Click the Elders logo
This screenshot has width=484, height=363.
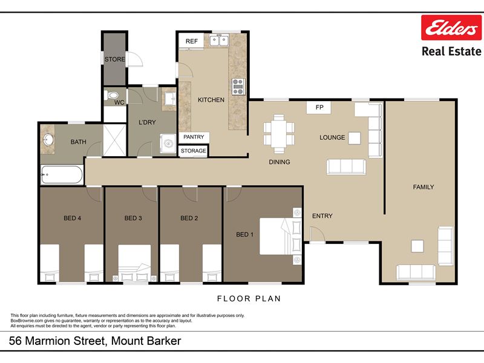tap(451, 27)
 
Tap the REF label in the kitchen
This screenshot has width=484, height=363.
tap(191, 41)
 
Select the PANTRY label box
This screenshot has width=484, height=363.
tap(194, 137)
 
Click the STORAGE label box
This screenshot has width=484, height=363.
tap(193, 151)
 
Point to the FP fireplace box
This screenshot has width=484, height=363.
tap(319, 108)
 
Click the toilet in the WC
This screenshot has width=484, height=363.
tap(111, 96)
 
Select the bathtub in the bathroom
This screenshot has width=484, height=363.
tap(62, 174)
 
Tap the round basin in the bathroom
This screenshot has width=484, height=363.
tap(48, 140)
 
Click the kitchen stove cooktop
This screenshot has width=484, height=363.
tap(238, 87)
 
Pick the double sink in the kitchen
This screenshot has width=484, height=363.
tap(219, 41)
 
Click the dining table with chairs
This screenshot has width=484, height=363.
tap(279, 134)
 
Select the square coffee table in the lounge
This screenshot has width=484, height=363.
tap(355, 139)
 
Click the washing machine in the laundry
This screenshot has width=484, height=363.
tap(168, 143)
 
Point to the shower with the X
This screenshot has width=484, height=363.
tap(114, 140)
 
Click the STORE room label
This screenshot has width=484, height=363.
tap(114, 59)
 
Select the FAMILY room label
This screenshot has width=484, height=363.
tap(423, 187)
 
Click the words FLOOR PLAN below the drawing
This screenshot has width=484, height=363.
tap(249, 298)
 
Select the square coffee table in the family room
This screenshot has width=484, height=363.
tap(417, 246)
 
